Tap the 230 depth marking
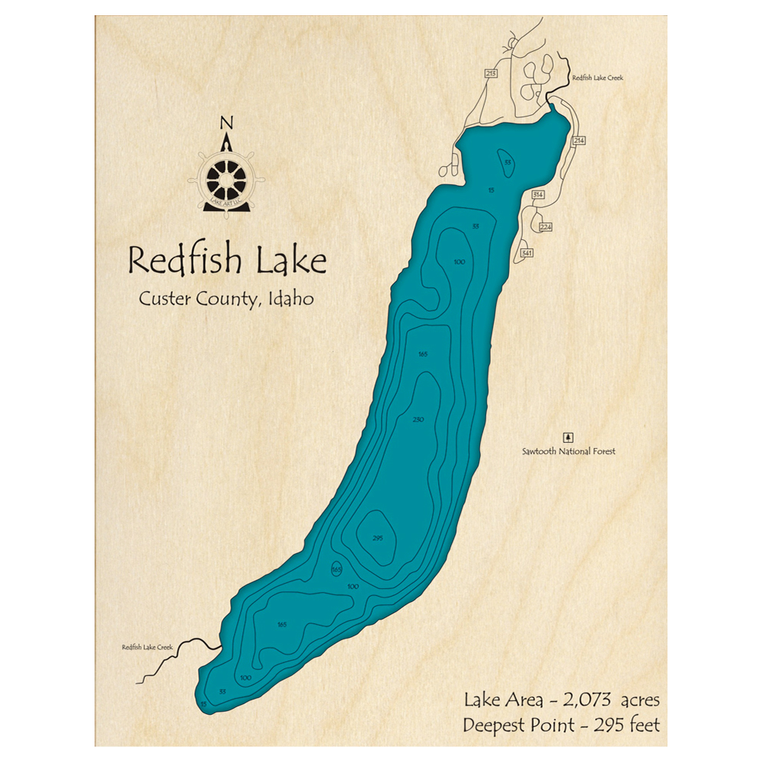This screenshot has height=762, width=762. coord(418,420)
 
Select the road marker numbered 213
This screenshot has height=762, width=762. coord(491,74)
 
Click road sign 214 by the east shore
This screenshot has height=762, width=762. coord(579,141)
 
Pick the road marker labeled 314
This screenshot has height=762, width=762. coord(538,196)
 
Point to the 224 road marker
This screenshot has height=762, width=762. coord(545,227)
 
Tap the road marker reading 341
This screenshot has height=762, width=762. coord(526,252)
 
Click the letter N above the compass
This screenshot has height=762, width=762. coord(226,123)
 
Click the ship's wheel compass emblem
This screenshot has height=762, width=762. coord(227,180)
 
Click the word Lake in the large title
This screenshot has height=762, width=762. coord(292,261)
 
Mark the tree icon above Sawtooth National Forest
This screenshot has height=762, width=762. coord(567,437)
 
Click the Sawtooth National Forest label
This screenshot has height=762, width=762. coord(568,452)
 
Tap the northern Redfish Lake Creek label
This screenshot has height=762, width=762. coord(598,78)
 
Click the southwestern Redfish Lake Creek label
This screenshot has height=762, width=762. coord(147,648)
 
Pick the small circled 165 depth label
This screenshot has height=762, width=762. coord(336,570)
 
